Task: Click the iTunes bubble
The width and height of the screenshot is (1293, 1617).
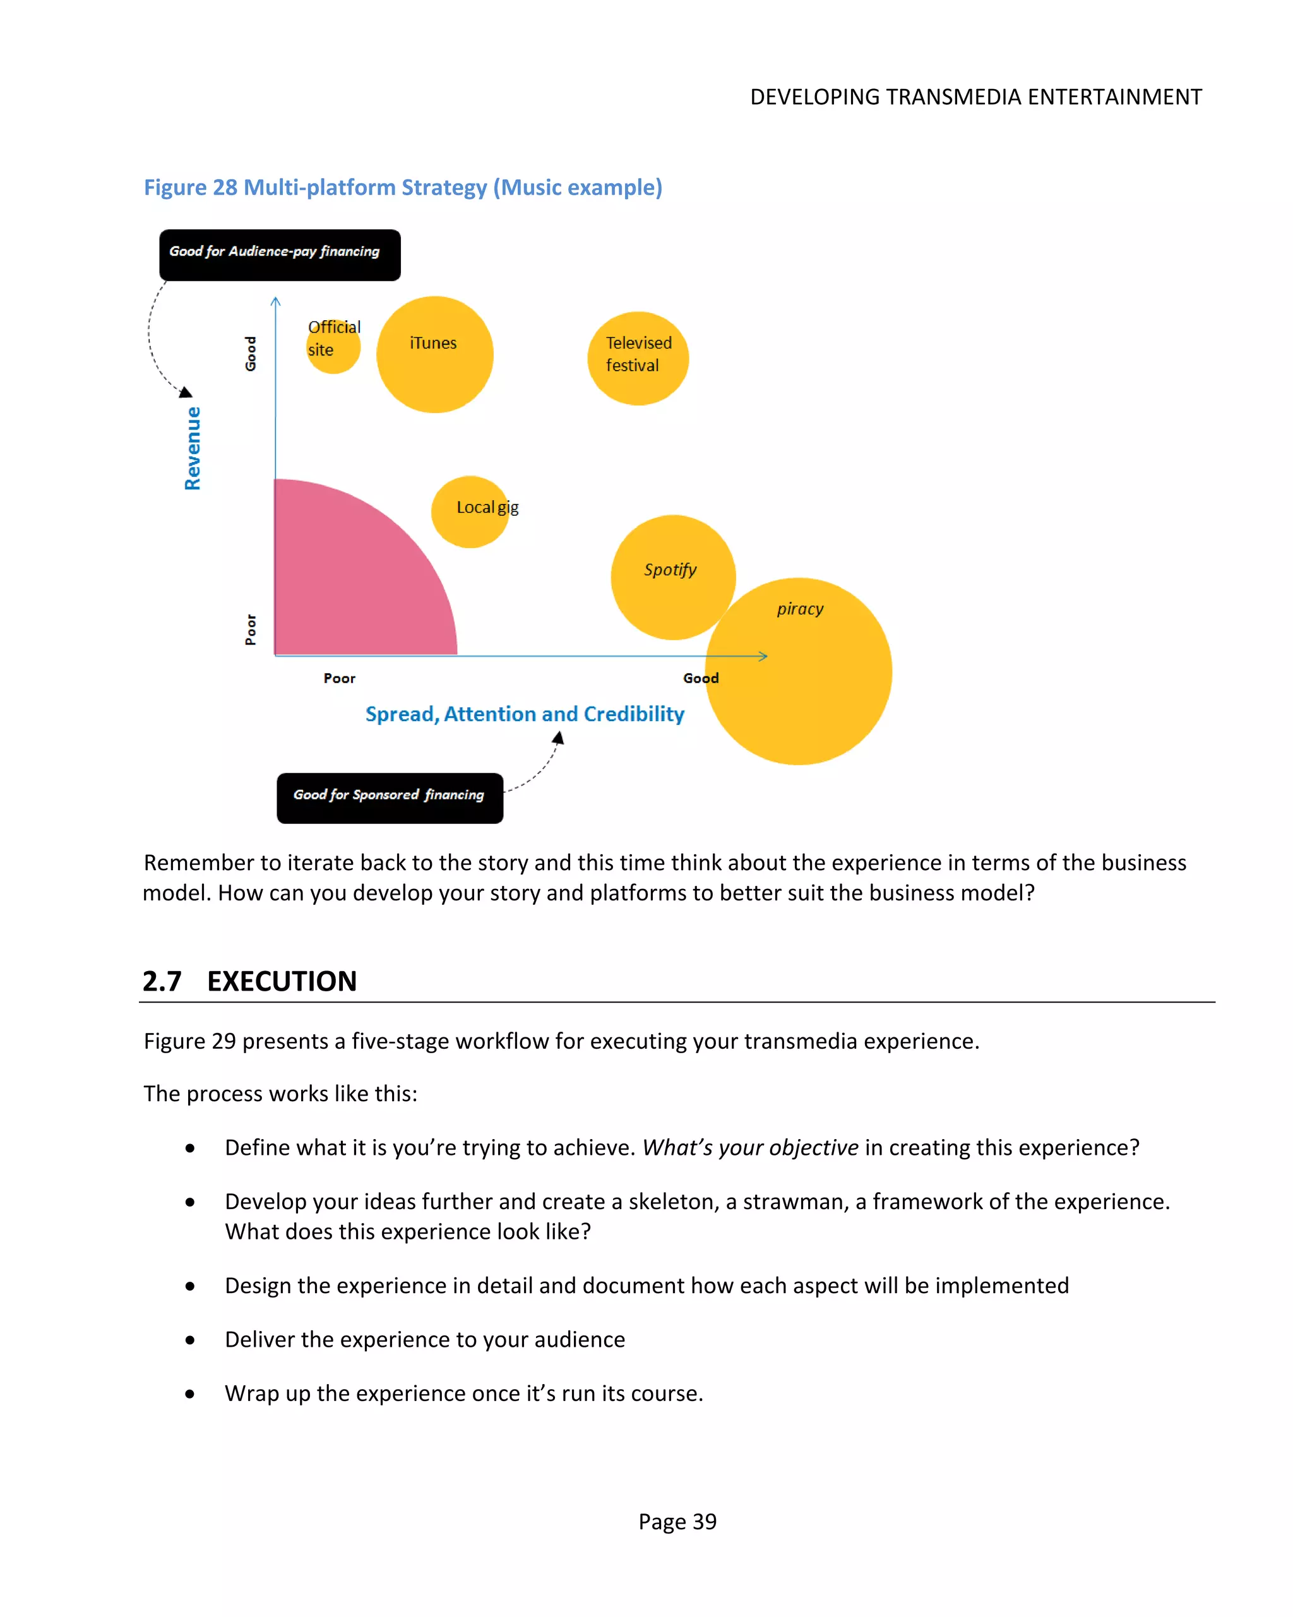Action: (434, 354)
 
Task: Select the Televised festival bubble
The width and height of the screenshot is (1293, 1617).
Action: (638, 358)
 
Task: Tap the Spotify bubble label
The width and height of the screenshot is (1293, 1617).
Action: (670, 570)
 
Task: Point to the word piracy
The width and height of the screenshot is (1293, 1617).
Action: (799, 609)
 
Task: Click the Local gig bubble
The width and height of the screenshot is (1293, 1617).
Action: (470, 511)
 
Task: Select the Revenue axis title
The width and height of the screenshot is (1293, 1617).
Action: (193, 448)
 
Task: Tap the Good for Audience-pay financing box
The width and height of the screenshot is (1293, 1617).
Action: (279, 255)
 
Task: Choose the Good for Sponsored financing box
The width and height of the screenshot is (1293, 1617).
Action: (390, 798)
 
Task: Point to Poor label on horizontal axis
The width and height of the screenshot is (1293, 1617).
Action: (339, 678)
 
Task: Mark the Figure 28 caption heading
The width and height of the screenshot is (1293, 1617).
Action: (403, 188)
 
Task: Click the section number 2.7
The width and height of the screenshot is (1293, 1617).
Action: (162, 981)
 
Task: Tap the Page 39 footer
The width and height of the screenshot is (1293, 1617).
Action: (677, 1522)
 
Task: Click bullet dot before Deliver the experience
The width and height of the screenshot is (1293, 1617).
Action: (190, 1340)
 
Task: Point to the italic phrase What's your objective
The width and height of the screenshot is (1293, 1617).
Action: (750, 1147)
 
